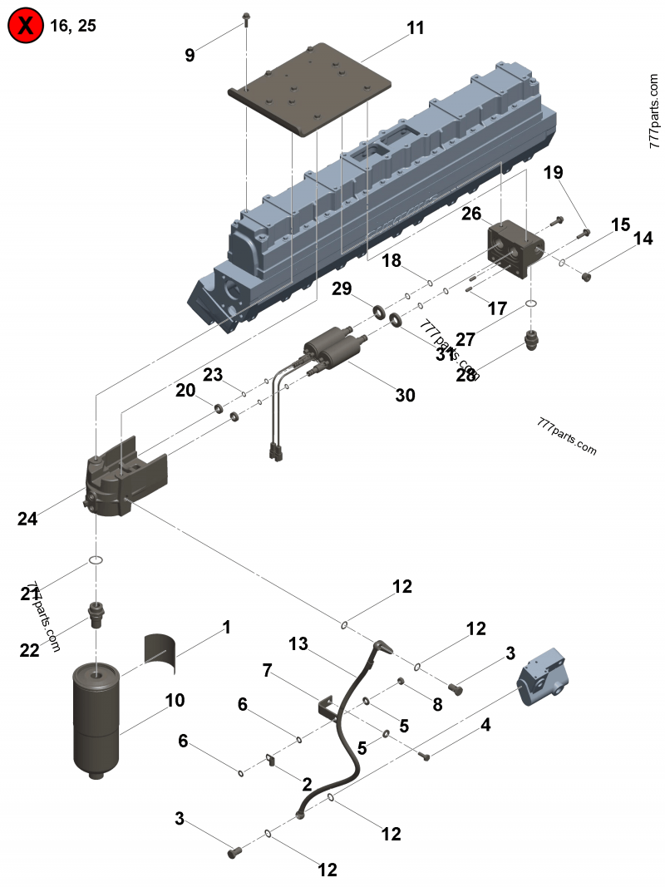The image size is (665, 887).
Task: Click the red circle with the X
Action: point(25,26)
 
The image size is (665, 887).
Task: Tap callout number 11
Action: point(416,28)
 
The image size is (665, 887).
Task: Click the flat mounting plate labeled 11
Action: point(310,88)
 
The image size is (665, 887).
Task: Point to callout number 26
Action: point(471,214)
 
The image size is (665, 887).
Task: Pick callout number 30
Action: point(405,396)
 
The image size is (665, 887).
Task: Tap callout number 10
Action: point(175,700)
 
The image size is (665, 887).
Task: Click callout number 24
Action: point(27,519)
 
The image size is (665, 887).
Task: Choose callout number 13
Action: point(298,643)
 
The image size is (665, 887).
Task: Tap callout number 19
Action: point(554,173)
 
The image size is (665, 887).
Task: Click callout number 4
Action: point(485,725)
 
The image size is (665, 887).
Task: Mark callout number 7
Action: point(268,670)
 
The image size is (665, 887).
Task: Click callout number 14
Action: point(643,239)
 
